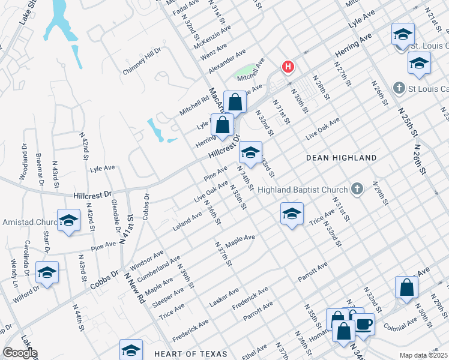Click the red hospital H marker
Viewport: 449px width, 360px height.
click(x=289, y=67)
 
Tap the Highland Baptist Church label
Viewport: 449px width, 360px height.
click(x=303, y=190)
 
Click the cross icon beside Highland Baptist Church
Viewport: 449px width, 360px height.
click(x=357, y=190)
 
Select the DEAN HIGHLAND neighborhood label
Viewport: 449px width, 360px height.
click(x=341, y=158)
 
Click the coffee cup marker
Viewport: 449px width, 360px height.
click(x=364, y=325)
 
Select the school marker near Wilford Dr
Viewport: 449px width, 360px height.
click(x=47, y=272)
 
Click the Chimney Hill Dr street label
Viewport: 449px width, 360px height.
click(x=142, y=61)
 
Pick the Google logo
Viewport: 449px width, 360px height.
click(x=19, y=353)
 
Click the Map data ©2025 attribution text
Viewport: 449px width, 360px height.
click(x=424, y=355)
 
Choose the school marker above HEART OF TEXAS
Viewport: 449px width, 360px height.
click(x=131, y=349)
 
